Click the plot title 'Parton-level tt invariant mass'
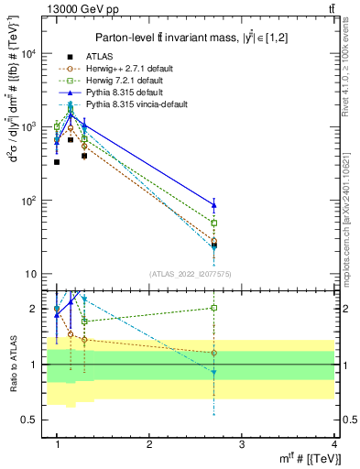(165, 38)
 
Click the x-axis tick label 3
(241, 443)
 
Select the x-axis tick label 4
(333, 443)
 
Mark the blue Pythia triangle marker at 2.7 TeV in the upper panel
(213, 205)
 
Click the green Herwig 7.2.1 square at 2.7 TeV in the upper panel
(213, 223)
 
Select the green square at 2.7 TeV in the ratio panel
(213, 308)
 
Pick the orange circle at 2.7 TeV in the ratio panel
(213, 353)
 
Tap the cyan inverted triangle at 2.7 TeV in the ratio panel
(213, 372)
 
